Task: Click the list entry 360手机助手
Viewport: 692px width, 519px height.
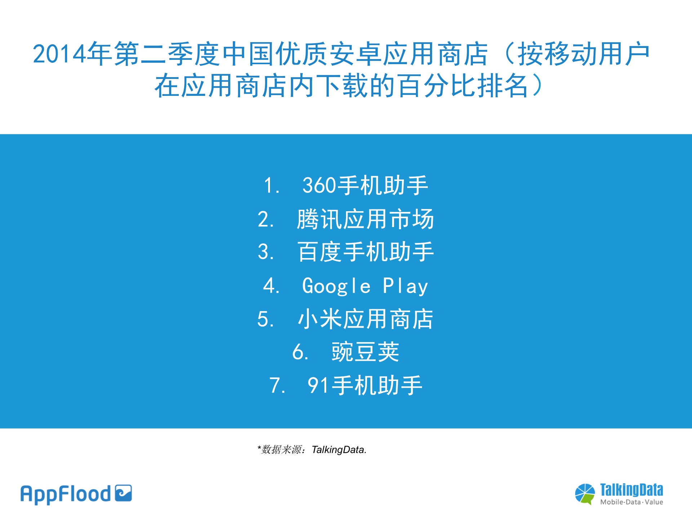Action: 365,186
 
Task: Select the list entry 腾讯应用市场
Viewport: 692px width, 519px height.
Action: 365,219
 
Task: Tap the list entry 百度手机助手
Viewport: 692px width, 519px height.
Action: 365,252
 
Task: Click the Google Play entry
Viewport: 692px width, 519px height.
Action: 365,286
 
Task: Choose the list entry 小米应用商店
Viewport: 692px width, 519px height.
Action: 365,319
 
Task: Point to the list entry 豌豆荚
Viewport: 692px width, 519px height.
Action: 365,352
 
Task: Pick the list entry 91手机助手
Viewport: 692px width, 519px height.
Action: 365,385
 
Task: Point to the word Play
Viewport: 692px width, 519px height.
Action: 405,287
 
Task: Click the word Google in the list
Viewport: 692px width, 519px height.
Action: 336,287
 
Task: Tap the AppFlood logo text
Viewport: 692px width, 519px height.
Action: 66,494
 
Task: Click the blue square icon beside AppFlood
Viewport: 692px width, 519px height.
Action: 123,493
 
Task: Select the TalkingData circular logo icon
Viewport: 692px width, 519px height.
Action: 585,494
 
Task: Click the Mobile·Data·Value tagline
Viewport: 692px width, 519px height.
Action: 631,502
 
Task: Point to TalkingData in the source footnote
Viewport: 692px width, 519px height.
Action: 339,450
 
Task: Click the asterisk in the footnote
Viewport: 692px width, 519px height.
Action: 259,448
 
